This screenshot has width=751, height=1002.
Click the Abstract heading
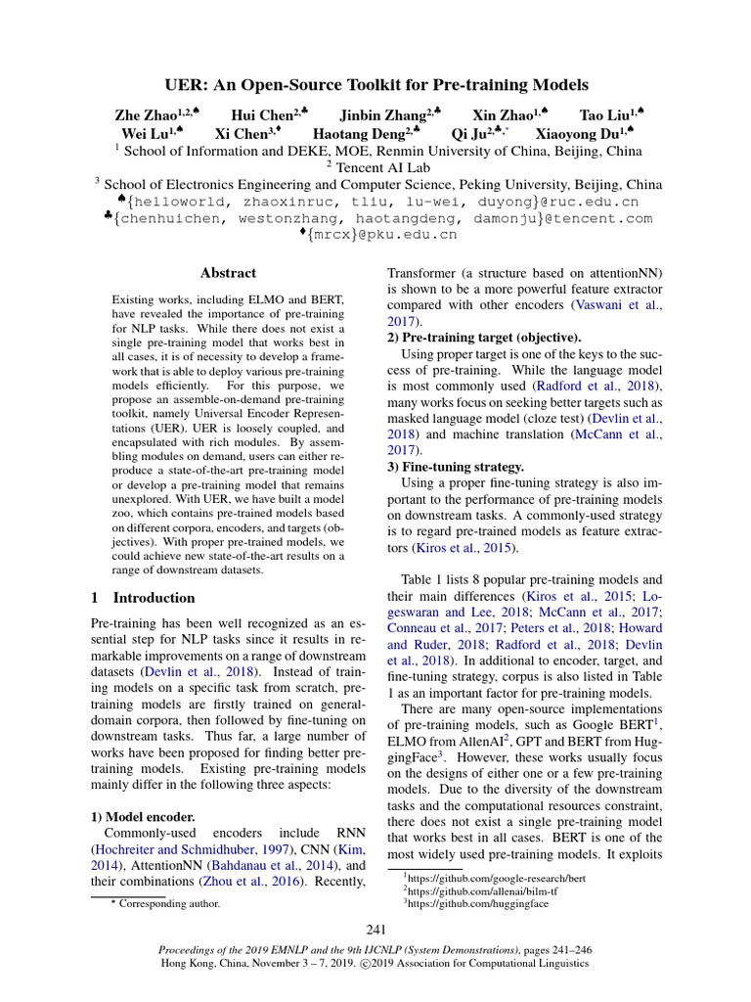[x=228, y=273]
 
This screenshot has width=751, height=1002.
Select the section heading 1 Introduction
[x=143, y=597]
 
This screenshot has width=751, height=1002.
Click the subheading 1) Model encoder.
[x=138, y=816]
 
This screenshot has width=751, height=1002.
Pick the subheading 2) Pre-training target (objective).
[x=484, y=337]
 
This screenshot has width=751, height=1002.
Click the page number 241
[x=375, y=930]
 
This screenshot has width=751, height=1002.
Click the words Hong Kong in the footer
[x=187, y=963]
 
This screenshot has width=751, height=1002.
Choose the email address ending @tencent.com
[x=382, y=218]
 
